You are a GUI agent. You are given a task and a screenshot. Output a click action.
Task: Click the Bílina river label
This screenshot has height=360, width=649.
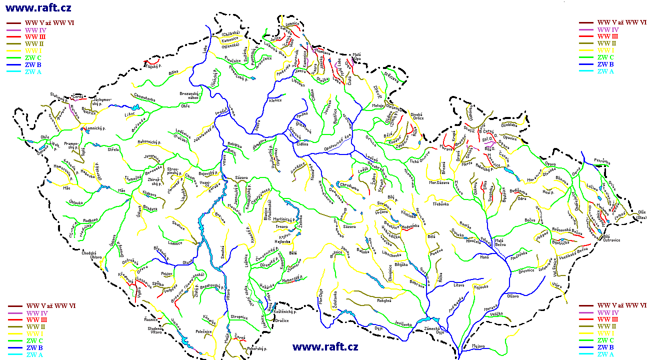(173, 72)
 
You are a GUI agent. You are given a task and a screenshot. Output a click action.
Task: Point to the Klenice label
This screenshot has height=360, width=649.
(275, 100)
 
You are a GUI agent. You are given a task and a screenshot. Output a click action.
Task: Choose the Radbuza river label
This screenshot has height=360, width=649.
(90, 219)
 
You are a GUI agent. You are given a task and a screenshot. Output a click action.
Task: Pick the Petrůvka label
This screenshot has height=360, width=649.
(603, 161)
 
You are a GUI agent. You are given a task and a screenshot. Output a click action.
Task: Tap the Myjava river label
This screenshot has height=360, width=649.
(478, 346)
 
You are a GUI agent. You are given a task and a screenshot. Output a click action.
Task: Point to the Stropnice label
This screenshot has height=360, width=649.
(239, 317)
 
